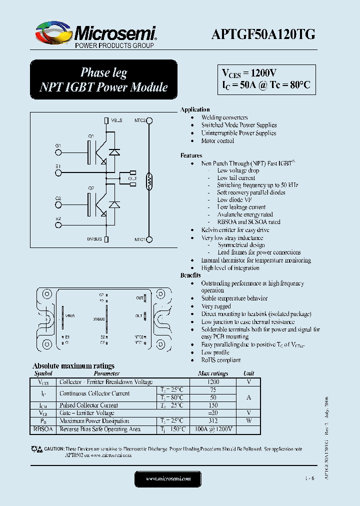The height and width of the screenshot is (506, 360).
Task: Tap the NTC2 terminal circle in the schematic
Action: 148,120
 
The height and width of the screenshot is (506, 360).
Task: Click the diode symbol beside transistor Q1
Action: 114,151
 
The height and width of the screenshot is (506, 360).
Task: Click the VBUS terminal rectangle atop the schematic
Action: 106,120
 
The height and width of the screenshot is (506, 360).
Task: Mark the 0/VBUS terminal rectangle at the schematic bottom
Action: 106,239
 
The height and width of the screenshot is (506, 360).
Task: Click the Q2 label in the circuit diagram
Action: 91,188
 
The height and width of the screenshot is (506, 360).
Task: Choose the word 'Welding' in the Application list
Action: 211,117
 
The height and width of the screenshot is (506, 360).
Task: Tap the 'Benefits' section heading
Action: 190,275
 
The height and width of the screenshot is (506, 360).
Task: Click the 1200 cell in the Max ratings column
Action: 213,382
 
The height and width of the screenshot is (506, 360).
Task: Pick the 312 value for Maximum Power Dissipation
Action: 213,421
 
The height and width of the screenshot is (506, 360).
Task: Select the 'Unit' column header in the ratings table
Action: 248,373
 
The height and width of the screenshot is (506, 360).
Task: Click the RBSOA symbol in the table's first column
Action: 43,429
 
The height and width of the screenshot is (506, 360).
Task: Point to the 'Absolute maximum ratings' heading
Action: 73,366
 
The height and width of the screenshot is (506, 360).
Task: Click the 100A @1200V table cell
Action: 213,429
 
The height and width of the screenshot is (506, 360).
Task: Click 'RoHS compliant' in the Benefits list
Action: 221,360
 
